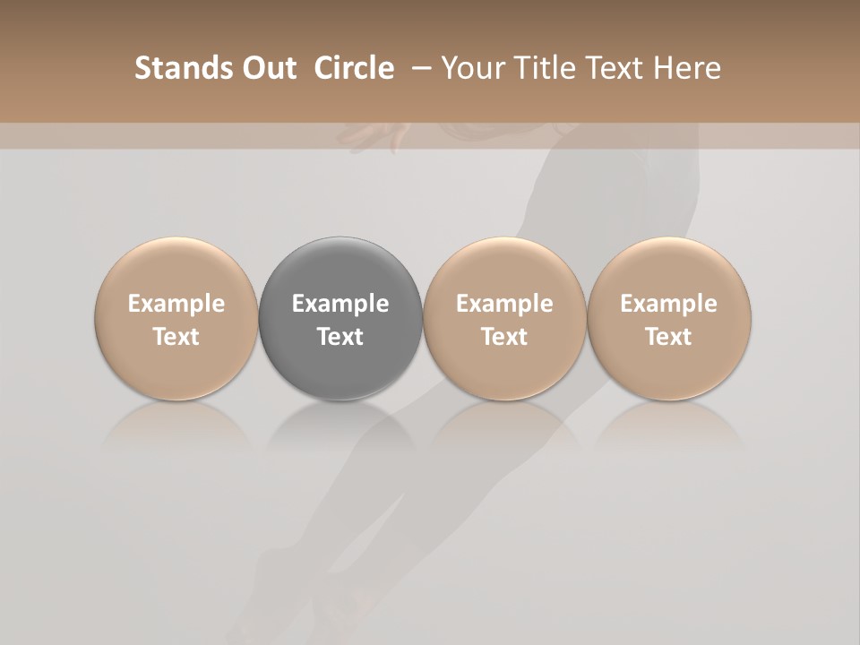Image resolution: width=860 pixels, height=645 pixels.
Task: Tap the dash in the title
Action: coord(419,68)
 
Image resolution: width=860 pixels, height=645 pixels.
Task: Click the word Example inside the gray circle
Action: coord(340,304)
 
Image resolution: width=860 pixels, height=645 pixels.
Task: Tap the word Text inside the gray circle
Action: coord(340,337)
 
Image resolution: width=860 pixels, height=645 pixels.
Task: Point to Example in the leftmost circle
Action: coord(176,304)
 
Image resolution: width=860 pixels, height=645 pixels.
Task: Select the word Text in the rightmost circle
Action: coord(669,337)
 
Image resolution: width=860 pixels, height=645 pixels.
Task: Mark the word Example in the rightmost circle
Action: coord(669,304)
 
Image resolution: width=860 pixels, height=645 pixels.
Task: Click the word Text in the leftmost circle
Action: coord(176,337)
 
